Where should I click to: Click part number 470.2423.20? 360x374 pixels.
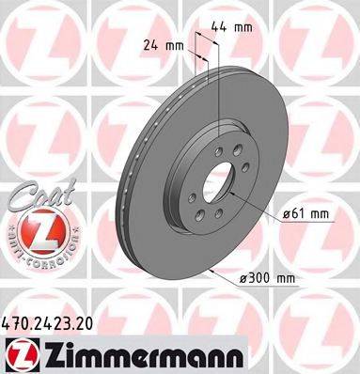pos(56,321)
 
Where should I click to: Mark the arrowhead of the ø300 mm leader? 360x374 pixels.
pos(214,273)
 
